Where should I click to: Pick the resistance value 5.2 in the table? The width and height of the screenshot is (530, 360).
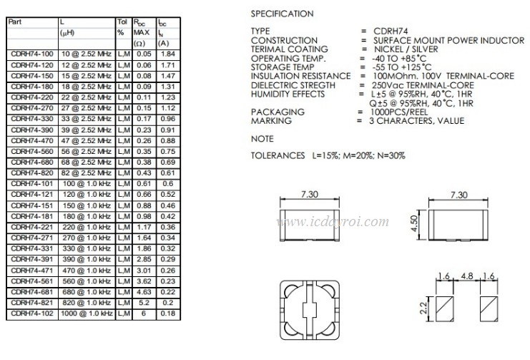(x=144, y=303)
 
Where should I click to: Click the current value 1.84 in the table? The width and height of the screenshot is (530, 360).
(x=167, y=54)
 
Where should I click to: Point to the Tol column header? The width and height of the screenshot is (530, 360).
(x=122, y=21)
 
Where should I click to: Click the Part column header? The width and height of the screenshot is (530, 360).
(x=15, y=21)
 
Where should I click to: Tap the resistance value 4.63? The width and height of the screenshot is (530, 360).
(x=144, y=292)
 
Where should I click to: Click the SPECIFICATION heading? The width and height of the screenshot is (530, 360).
(x=282, y=14)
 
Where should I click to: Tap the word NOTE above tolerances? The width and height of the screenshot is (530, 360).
(x=262, y=138)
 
